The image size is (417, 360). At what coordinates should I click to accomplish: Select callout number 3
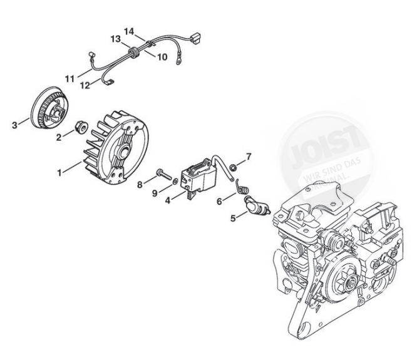14,125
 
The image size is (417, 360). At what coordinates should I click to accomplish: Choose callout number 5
233,219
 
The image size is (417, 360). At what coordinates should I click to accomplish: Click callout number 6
219,201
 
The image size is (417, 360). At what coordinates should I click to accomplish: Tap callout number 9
153,194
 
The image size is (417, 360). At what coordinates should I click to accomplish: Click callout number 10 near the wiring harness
162,57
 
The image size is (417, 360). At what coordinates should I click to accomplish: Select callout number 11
69,78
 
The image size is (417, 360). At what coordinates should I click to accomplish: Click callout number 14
129,31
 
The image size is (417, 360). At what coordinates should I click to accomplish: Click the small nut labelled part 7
232,167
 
